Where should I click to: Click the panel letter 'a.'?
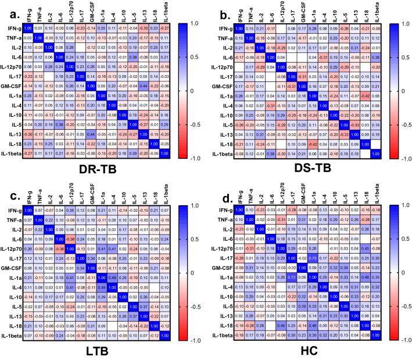pos(10,9)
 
